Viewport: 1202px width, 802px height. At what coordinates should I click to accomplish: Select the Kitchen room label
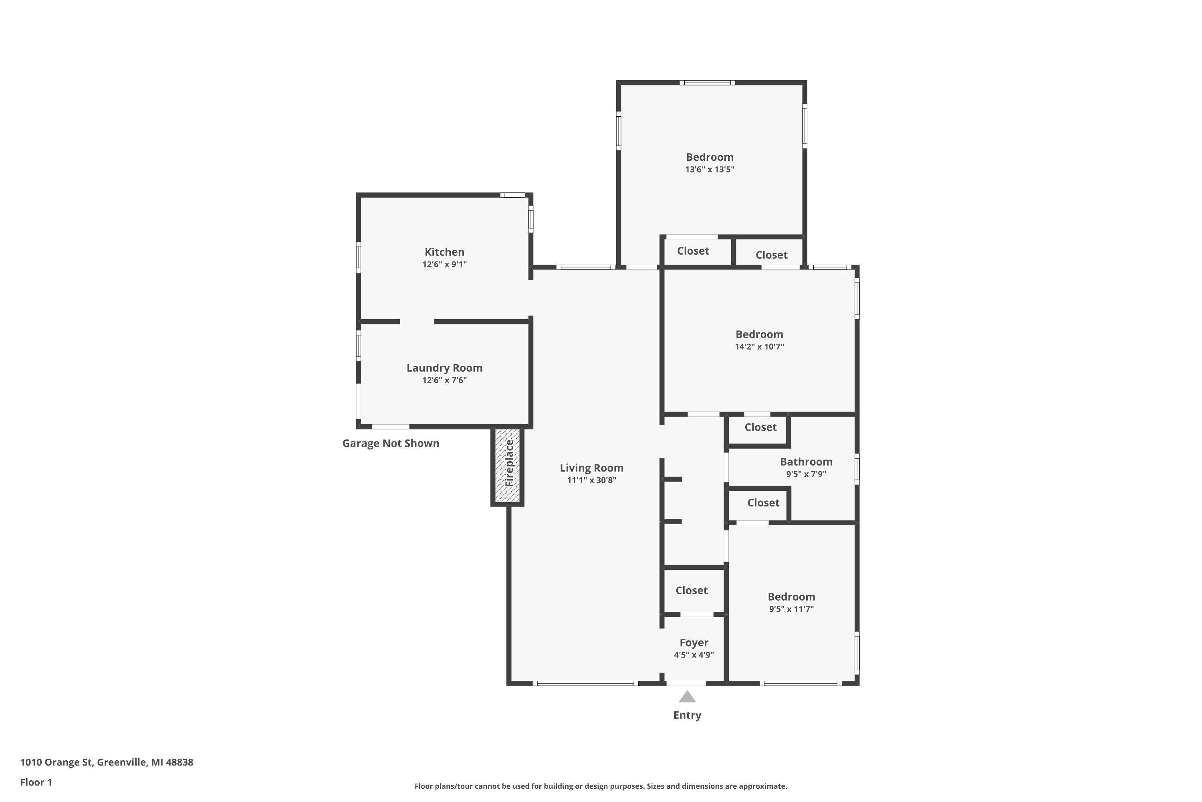(x=444, y=252)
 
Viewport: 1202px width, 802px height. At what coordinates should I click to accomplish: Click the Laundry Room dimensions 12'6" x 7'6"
(x=444, y=380)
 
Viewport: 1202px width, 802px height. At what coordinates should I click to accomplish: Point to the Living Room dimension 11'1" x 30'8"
(x=591, y=480)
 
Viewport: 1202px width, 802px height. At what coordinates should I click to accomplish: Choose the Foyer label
(x=694, y=642)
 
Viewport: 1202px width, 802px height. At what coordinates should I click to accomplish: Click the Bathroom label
(x=805, y=462)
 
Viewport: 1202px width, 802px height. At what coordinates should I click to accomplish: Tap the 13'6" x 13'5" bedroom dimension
(x=709, y=169)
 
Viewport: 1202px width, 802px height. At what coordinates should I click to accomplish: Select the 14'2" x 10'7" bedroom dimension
(x=759, y=346)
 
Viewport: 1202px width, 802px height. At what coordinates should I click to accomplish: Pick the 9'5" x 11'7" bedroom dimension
(x=791, y=609)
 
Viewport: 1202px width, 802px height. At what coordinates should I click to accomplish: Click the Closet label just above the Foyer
(x=692, y=590)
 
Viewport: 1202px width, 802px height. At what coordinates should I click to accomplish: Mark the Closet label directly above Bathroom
(x=760, y=427)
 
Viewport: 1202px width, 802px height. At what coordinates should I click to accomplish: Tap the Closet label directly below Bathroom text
(x=763, y=503)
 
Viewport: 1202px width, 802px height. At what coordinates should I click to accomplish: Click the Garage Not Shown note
(x=390, y=444)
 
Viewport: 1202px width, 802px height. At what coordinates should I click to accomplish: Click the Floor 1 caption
(x=36, y=782)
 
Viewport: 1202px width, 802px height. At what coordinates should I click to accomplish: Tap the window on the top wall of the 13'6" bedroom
(x=707, y=82)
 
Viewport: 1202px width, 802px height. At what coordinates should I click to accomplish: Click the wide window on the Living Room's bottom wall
(x=585, y=683)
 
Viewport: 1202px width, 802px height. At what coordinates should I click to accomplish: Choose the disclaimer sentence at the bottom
(x=601, y=786)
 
